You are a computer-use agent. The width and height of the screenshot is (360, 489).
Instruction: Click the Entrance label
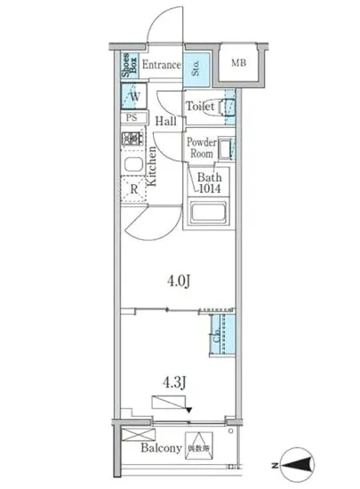coord(161,65)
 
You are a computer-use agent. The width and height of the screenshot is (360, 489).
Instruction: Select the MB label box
coord(238,63)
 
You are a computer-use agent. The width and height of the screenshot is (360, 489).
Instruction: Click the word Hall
coord(165,121)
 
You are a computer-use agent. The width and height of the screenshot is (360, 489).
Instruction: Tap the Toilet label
coord(200,107)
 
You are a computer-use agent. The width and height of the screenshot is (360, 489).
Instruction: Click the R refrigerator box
coord(133,189)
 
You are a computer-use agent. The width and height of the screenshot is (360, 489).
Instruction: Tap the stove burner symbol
coord(132,139)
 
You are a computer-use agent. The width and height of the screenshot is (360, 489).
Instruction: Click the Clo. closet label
coord(216,339)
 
